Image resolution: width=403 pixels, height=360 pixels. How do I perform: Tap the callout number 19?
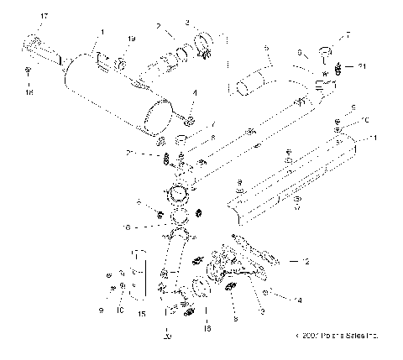[130, 39]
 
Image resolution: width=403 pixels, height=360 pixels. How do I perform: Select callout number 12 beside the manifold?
[306, 262]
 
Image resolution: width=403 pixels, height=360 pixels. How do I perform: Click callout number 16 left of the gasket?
[150, 227]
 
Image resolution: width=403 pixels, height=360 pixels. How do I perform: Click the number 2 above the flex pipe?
[159, 26]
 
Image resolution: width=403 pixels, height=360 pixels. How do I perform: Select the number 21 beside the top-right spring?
[362, 65]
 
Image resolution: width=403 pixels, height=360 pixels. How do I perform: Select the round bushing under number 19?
[121, 62]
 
